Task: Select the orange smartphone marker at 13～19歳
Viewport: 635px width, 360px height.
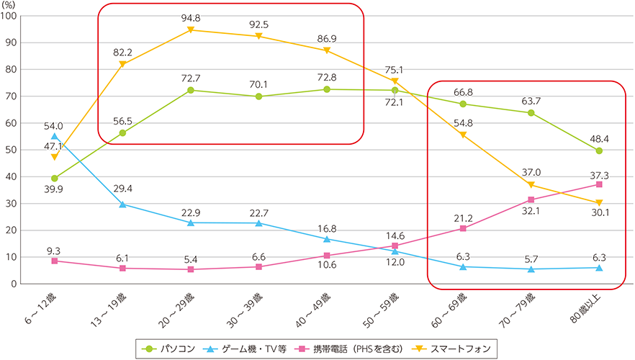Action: pos(122,64)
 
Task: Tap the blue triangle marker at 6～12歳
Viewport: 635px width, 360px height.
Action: pos(55,136)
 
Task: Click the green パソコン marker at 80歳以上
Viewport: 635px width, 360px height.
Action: pos(599,150)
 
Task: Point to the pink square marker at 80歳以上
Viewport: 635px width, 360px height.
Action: pos(599,184)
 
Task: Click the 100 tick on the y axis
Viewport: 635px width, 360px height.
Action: pos(12,16)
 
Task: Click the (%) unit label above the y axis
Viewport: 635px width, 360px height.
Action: pos(12,5)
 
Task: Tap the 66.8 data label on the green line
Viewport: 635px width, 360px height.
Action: pos(463,91)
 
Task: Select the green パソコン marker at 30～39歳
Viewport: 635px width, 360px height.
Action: pos(258,96)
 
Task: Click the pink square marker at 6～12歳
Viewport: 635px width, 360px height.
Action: pos(55,261)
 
